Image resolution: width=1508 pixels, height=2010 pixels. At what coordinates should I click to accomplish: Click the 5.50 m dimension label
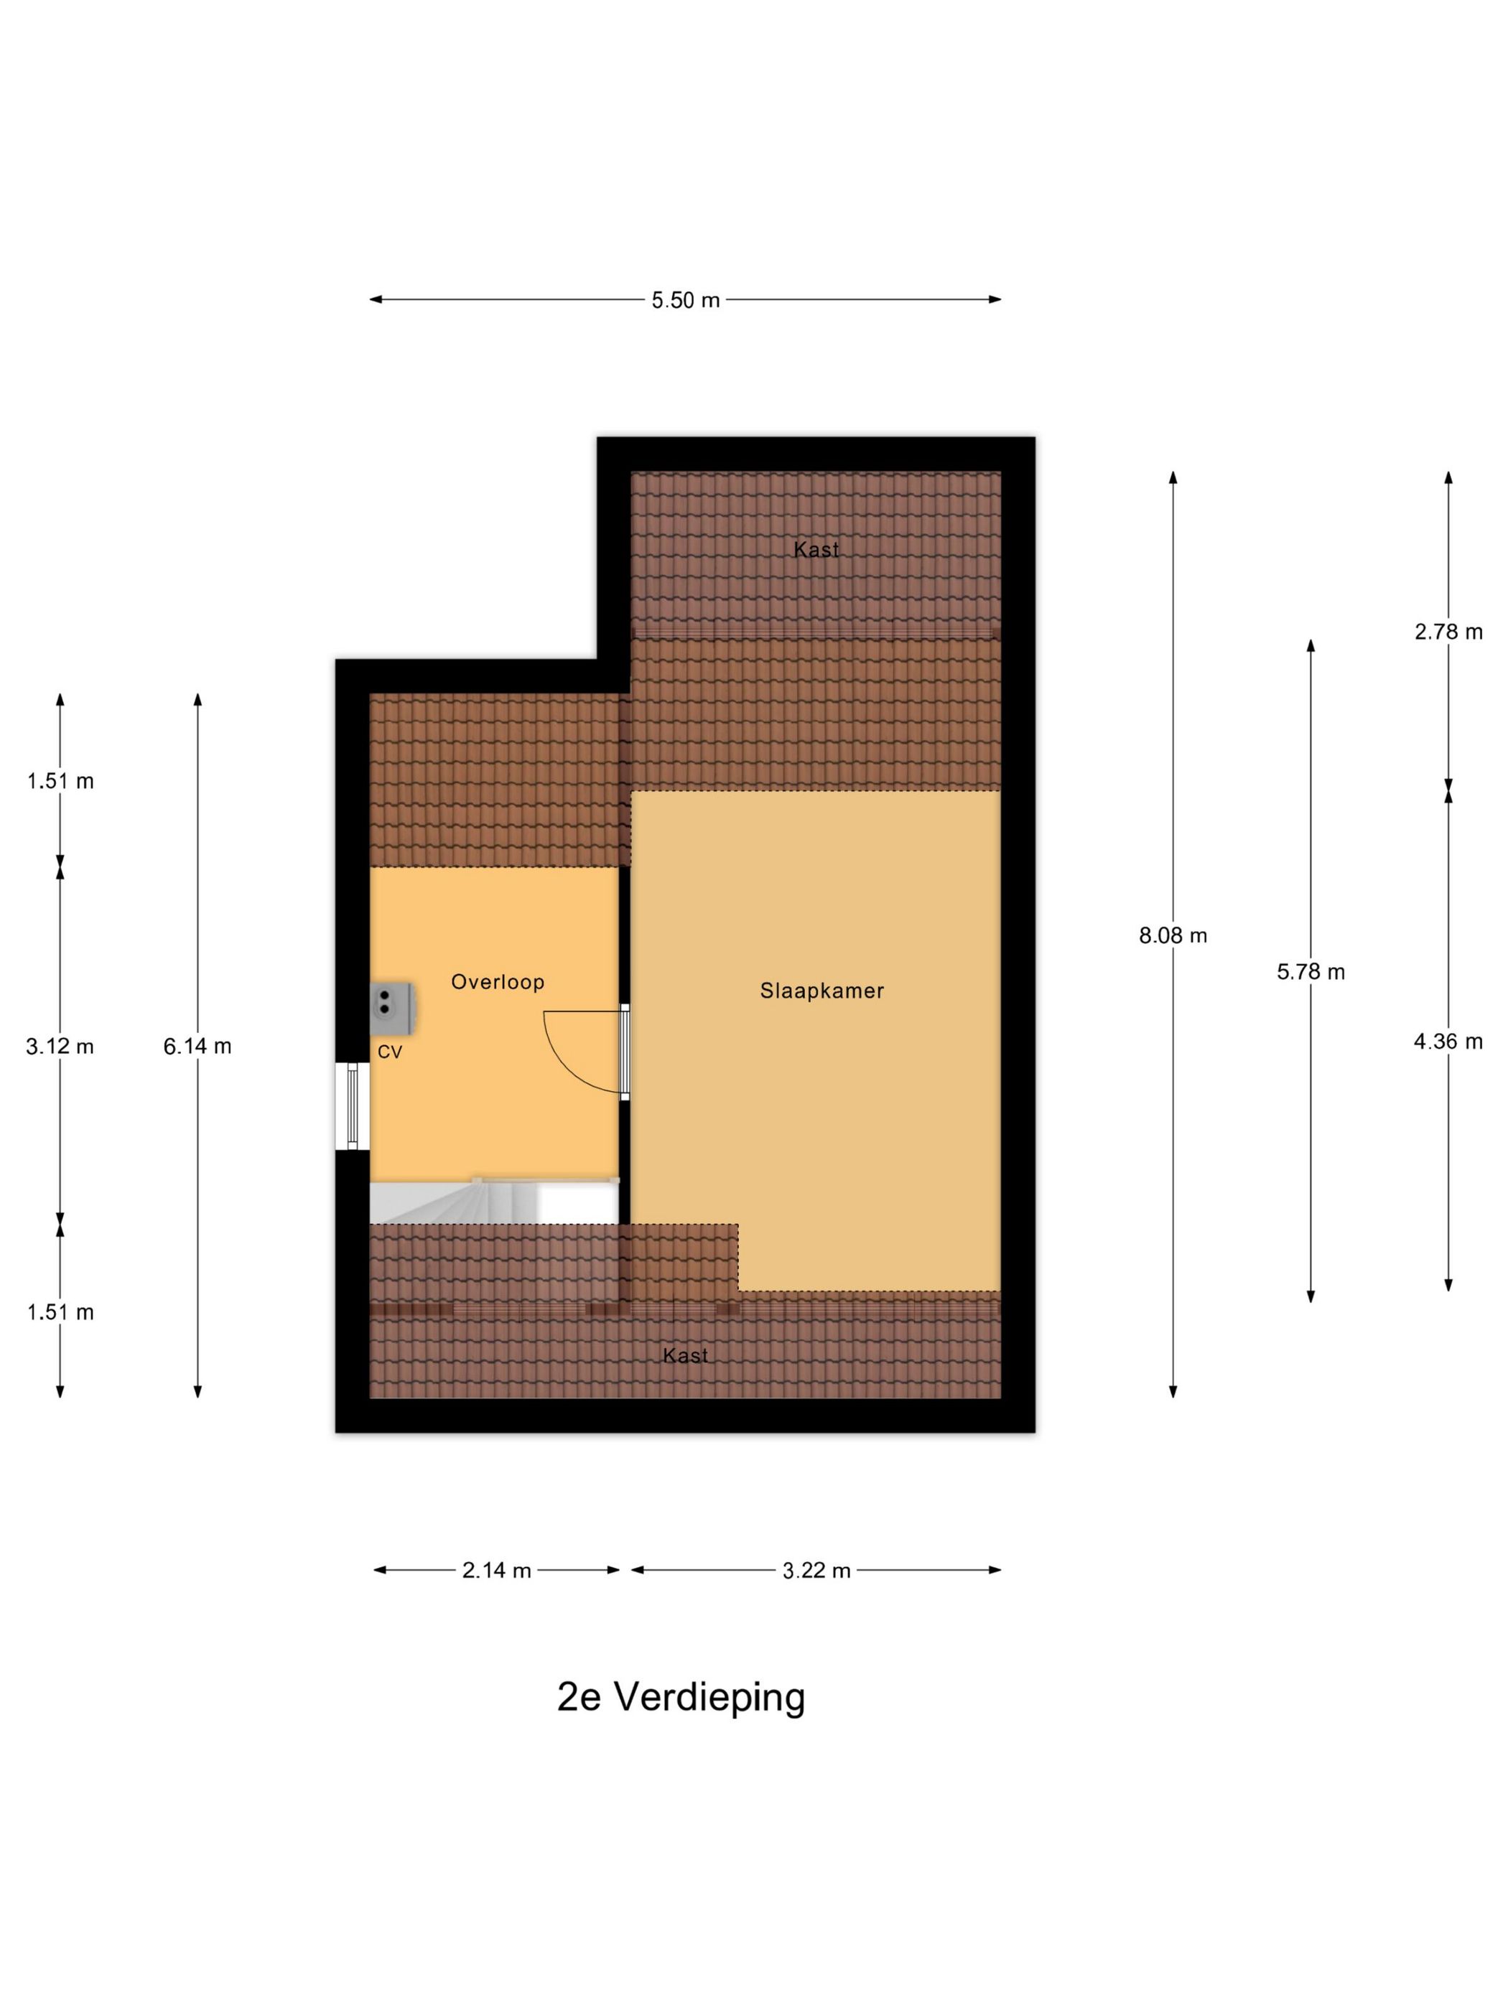(x=684, y=300)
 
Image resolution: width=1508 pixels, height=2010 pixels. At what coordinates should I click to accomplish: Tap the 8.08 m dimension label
(x=1173, y=935)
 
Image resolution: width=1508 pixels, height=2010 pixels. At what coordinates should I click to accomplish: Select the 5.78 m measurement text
(x=1310, y=971)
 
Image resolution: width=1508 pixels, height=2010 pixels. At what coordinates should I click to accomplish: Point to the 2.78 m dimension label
(x=1447, y=632)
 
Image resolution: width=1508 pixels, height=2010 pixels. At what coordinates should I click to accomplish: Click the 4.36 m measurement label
(x=1447, y=1042)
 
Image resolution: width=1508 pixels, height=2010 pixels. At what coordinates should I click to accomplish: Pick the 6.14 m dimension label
(x=197, y=1046)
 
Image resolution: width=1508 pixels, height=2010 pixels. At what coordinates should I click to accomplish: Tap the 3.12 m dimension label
(x=60, y=1046)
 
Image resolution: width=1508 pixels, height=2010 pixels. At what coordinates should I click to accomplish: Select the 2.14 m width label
(x=496, y=1570)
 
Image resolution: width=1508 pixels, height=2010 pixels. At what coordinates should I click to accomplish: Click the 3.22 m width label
(x=816, y=1570)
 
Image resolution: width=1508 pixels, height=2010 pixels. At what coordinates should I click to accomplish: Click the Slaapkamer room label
(x=822, y=991)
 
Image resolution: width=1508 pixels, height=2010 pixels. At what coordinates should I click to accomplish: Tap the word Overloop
(x=497, y=981)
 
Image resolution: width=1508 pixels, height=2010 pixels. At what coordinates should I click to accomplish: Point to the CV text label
(x=390, y=1052)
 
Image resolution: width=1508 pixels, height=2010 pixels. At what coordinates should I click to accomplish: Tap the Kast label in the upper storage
(x=815, y=549)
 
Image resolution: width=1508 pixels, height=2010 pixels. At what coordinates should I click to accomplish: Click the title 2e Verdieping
(x=681, y=1696)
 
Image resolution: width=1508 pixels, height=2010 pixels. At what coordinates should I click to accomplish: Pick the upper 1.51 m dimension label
(x=60, y=780)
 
